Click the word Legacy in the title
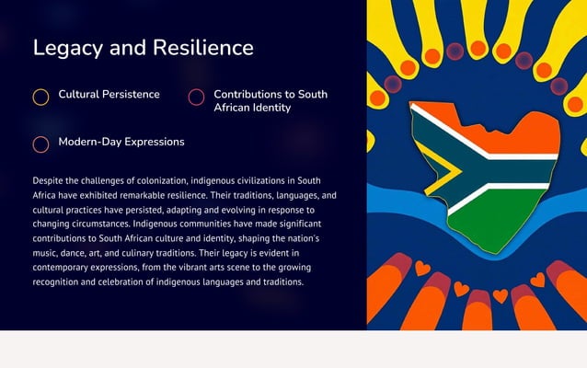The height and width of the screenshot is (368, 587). pos(67,48)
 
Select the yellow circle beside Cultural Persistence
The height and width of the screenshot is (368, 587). pos(40,97)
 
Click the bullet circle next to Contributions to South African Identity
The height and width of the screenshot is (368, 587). pos(196,97)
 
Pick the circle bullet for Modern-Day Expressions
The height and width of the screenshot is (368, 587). pos(40,144)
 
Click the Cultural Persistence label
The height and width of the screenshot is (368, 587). pos(109,95)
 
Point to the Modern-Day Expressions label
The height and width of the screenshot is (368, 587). pos(121,143)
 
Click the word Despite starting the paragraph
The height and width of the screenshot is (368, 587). pos(49,181)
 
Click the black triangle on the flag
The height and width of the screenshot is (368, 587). pos(426,170)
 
